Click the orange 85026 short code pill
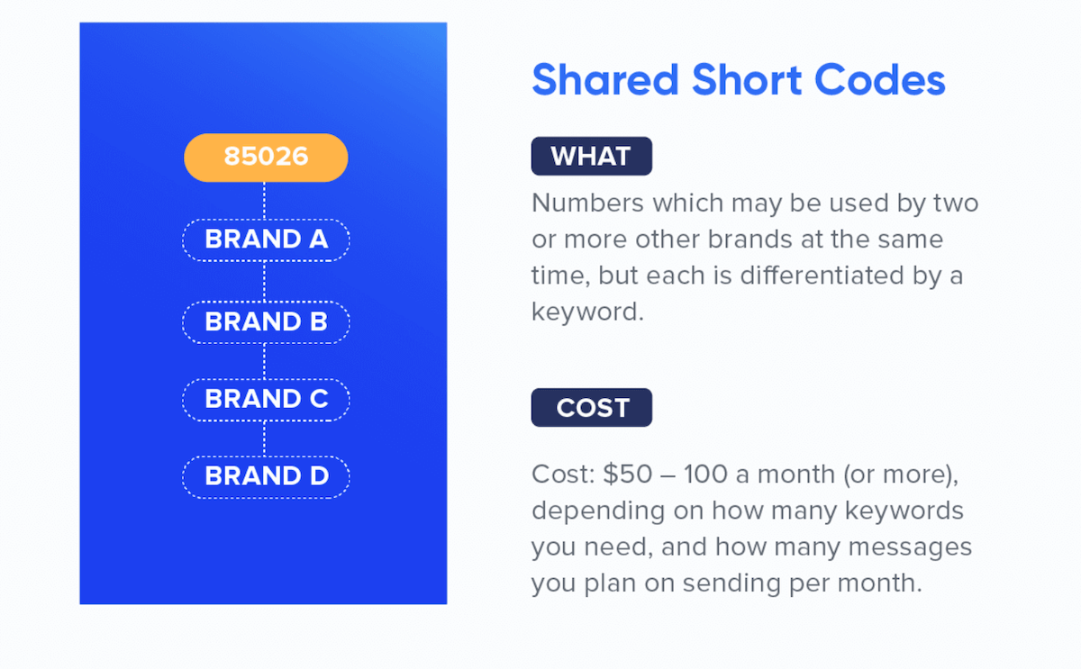[266, 158]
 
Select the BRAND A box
[266, 240]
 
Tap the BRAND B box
[266, 322]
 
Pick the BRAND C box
[266, 400]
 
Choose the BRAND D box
[266, 476]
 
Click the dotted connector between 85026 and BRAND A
[264, 201]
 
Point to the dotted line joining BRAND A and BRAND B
[264, 281]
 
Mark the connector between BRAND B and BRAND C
[264, 361]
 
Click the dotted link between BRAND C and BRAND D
[264, 438]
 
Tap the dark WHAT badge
[592, 156]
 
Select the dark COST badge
[592, 408]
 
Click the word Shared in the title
[605, 80]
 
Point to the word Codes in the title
[880, 80]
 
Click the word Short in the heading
[747, 80]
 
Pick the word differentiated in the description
[822, 276]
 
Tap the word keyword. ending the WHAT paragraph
[587, 312]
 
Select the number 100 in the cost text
[705, 475]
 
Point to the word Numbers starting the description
[587, 203]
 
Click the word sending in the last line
[732, 583]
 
